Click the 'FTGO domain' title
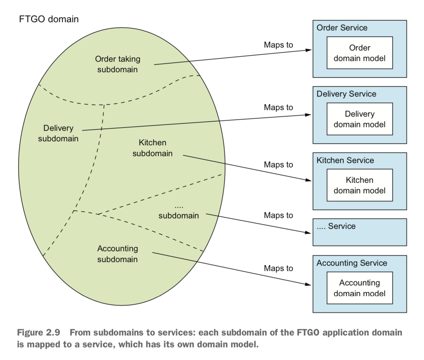49,19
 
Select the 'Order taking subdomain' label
118,64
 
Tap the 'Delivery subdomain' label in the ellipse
58,133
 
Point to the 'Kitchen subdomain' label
152,148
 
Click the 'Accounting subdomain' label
118,254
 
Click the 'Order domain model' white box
359,53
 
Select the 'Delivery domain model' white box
359,119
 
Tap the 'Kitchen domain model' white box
359,185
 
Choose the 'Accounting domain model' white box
359,288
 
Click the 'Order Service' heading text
342,28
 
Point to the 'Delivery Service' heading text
346,94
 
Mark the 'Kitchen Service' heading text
345,161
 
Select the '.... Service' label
336,226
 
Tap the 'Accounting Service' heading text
352,263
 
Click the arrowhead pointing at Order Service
308,50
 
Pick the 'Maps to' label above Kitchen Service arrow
278,165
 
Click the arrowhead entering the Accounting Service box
308,284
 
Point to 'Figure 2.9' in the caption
39,332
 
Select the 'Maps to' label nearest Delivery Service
278,108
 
